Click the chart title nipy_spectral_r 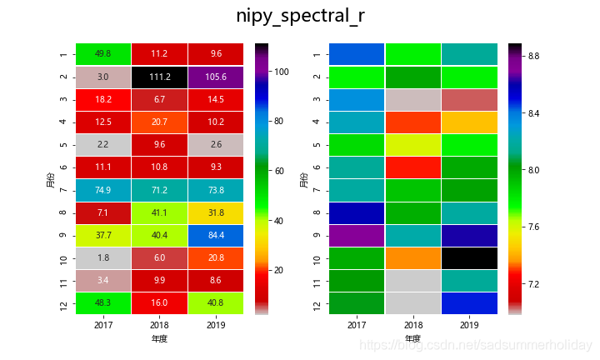pos(300,17)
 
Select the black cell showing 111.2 pos(160,77)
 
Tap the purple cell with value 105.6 pos(217,77)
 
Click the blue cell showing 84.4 pos(217,235)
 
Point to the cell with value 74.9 pos(103,190)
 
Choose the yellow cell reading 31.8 pos(217,212)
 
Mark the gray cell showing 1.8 pos(103,257)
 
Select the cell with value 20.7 pos(160,122)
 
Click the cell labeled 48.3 pos(103,303)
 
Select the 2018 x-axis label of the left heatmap pos(160,324)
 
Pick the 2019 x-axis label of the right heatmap pos(470,324)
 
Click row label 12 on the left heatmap pos(62,303)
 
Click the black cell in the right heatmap pos(470,257)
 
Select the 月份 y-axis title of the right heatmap pos(303,178)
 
